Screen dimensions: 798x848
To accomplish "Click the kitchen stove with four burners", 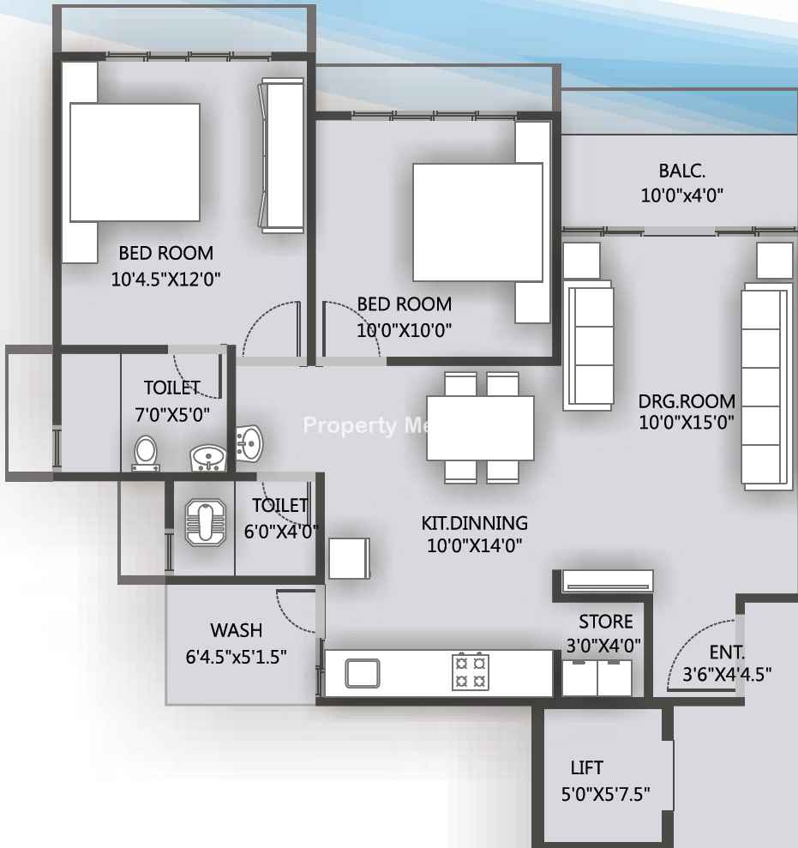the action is click(471, 672).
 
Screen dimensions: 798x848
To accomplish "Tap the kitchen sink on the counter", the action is click(363, 673).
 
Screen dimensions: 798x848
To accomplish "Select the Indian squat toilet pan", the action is click(206, 522).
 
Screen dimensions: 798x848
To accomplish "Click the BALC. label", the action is click(681, 171).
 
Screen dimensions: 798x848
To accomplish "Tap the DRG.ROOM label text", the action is click(687, 401).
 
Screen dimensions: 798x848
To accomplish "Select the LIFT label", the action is click(586, 767).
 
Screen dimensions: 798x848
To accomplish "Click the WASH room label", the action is click(237, 630).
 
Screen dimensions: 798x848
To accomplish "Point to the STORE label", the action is click(605, 622).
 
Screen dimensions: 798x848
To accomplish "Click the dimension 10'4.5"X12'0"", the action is click(165, 279).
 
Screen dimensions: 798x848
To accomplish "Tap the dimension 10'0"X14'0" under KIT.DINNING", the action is click(474, 545).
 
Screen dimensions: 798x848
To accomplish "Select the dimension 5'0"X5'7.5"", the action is click(605, 794).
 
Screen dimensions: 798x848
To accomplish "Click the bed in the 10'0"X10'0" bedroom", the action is click(478, 222).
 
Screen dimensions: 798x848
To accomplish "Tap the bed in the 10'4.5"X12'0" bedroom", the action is click(135, 162).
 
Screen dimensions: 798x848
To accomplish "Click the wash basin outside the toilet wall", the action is click(249, 443).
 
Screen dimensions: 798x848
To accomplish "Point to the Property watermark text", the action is click(350, 425).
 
